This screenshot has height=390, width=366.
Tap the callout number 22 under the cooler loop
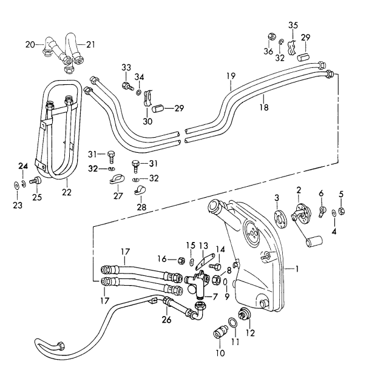[x=66, y=192]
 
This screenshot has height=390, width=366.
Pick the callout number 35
[x=293, y=25]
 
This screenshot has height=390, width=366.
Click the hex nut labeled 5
[x=342, y=211]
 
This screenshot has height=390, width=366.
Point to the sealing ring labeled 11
[x=232, y=322]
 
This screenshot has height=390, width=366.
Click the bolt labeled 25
[x=36, y=180]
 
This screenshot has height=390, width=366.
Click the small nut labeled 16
[x=181, y=260]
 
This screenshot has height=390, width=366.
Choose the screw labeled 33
[x=126, y=86]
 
